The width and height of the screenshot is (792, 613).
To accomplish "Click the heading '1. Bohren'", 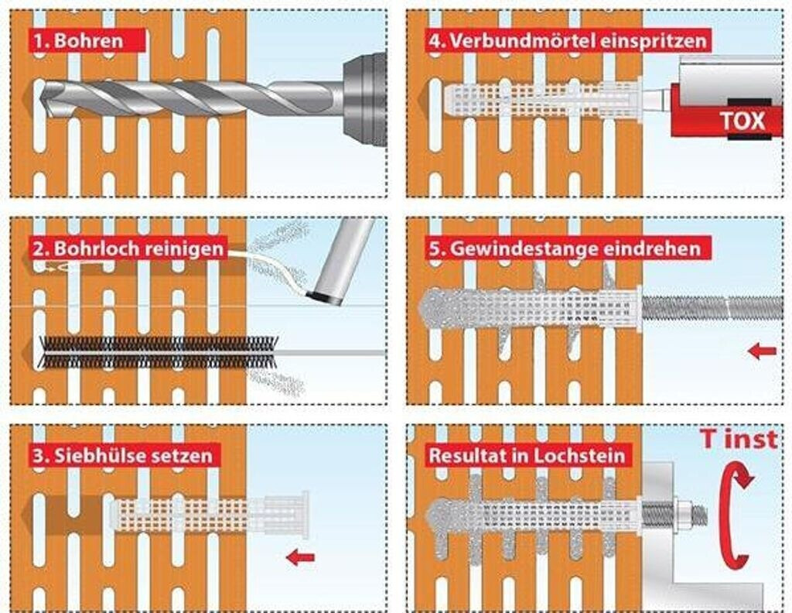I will click(77, 39).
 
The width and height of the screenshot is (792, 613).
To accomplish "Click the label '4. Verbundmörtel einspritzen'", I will click(568, 39).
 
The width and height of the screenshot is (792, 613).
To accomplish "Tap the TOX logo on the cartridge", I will click(742, 121).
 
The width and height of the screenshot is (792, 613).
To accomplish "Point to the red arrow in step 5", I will click(762, 352).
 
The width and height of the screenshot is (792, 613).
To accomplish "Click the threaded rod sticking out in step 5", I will click(712, 307).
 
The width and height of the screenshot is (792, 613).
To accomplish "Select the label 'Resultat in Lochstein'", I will click(527, 455).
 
